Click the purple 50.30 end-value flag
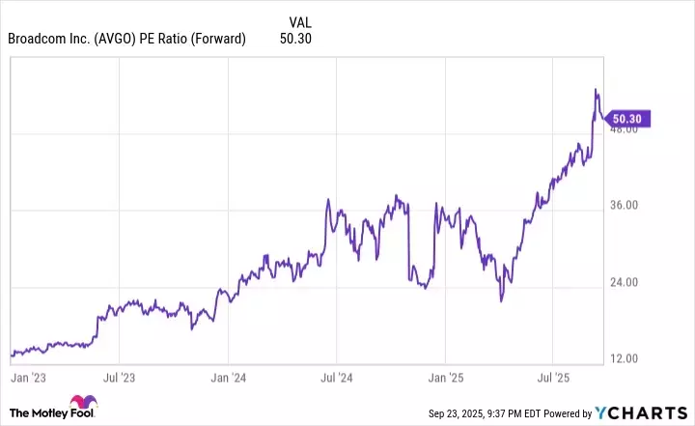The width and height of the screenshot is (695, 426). [x=628, y=119]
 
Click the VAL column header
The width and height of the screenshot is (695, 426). [x=301, y=21]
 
